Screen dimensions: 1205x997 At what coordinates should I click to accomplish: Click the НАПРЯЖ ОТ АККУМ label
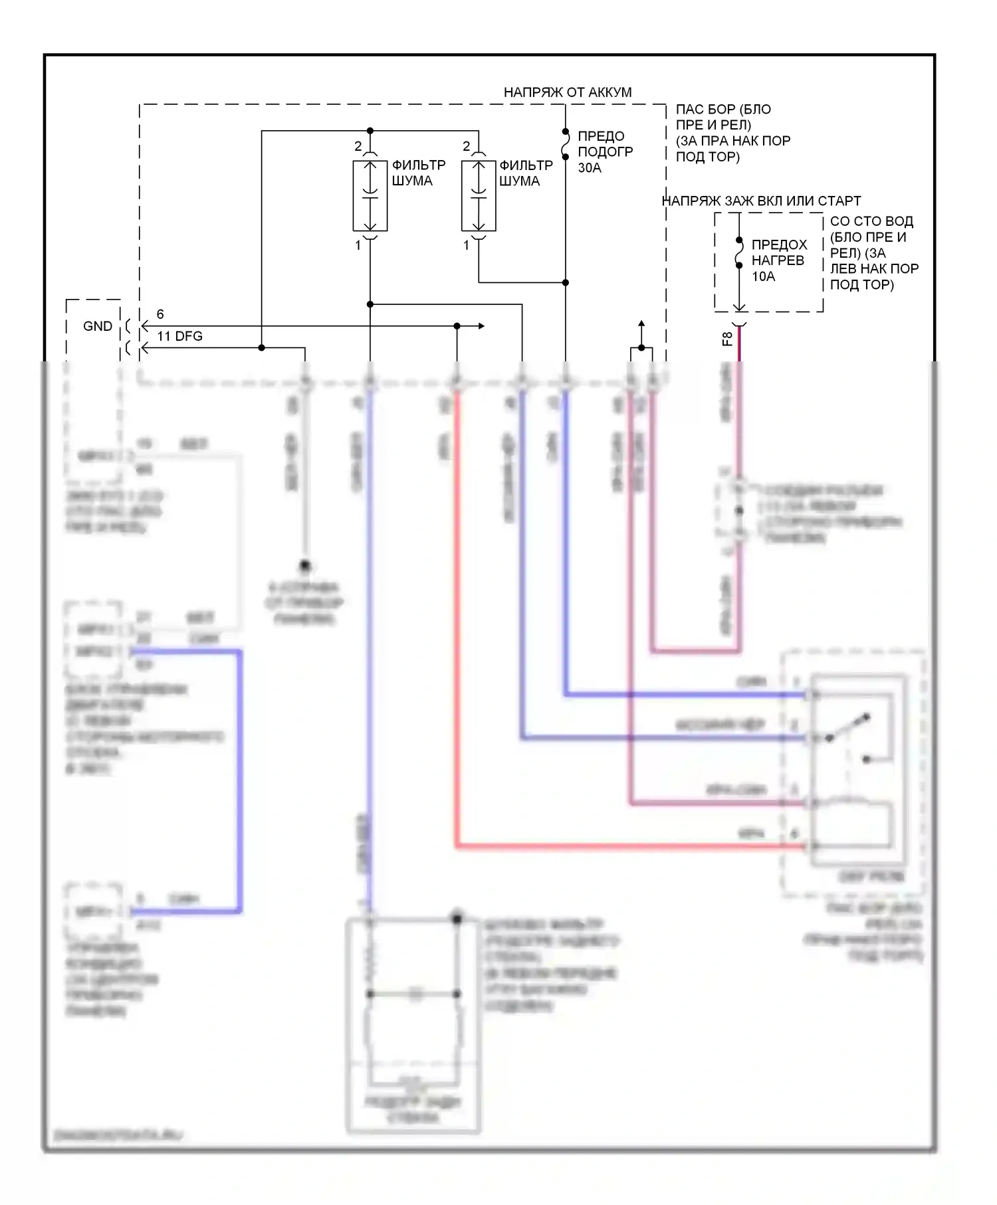(567, 92)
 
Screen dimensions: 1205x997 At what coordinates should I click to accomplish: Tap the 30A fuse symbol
(566, 144)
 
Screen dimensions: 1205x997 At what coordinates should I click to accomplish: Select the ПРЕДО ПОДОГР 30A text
(605, 152)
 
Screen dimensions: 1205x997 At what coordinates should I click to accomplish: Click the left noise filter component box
(370, 196)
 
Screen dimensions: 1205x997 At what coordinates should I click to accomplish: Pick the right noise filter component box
(479, 196)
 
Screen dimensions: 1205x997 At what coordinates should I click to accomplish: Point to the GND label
(97, 326)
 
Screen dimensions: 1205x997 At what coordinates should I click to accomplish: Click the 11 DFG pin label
(179, 336)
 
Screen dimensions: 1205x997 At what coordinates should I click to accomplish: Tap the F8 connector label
(727, 339)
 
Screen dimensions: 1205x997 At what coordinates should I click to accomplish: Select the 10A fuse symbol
(739, 252)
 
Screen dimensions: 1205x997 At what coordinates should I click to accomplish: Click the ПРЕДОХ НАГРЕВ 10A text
(779, 260)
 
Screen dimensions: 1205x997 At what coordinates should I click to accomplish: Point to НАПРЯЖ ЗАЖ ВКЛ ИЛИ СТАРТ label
(762, 201)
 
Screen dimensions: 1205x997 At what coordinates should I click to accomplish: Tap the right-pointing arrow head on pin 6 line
(481, 326)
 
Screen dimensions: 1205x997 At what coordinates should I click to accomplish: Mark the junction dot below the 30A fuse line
(566, 282)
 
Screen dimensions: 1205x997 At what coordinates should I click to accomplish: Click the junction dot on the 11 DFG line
(262, 347)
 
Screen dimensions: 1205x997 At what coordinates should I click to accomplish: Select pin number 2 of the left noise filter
(358, 146)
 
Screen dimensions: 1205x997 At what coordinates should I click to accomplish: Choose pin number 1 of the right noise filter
(466, 245)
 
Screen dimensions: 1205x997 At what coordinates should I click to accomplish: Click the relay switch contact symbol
(847, 727)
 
